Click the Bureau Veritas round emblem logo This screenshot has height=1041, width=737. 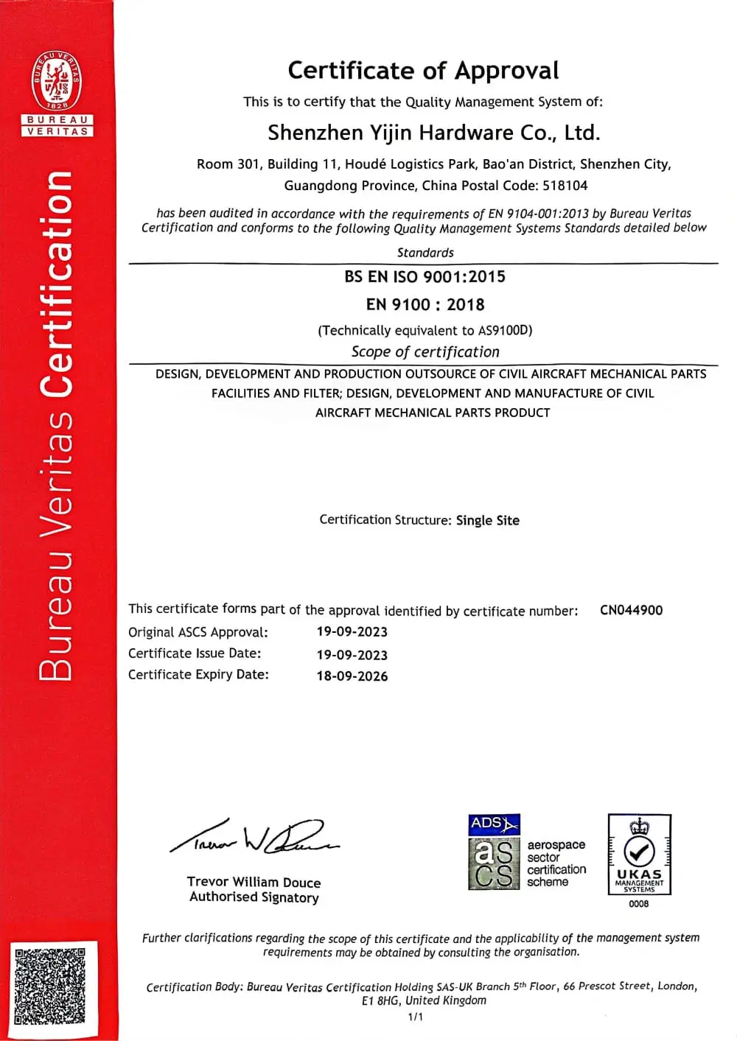coord(57,82)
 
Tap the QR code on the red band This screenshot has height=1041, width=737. coord(49,986)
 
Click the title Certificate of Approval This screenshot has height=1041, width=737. coord(423,71)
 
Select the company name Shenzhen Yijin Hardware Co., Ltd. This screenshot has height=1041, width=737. coord(433,133)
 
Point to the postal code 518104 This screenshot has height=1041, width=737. coord(565,186)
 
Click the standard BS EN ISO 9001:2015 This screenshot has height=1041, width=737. coord(425,277)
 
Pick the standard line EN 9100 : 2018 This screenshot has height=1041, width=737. coord(425,305)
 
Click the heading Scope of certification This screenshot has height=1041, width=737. coord(425,352)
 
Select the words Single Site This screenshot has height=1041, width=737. coord(487,521)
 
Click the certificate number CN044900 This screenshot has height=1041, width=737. coord(631,610)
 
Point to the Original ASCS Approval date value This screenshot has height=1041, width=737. coord(352,632)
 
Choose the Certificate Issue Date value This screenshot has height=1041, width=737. coord(352,655)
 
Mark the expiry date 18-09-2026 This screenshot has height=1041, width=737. coord(352,676)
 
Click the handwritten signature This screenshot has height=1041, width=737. coord(254,838)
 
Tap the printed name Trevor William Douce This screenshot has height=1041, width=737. coord(254,882)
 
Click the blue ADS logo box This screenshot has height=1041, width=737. coord(494,824)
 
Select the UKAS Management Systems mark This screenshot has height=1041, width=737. coord(639,855)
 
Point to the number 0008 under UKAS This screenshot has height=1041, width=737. coord(639,904)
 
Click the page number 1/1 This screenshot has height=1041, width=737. coord(416,1017)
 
